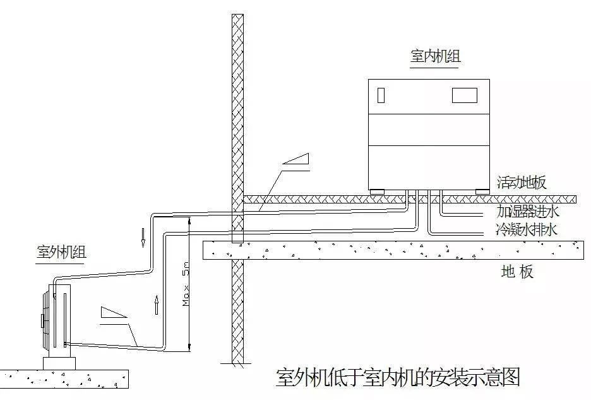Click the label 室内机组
[x=436, y=56]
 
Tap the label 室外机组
[x=61, y=253]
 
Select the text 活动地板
[x=522, y=183]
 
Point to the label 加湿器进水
[x=527, y=211]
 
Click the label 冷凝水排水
[x=527, y=229]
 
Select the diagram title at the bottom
[x=398, y=377]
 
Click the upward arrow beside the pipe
[x=156, y=305]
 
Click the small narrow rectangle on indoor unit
[x=381, y=95]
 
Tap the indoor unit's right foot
[x=482, y=191]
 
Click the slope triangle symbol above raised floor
[x=297, y=160]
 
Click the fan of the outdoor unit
[x=45, y=316]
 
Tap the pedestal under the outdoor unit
[x=59, y=363]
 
